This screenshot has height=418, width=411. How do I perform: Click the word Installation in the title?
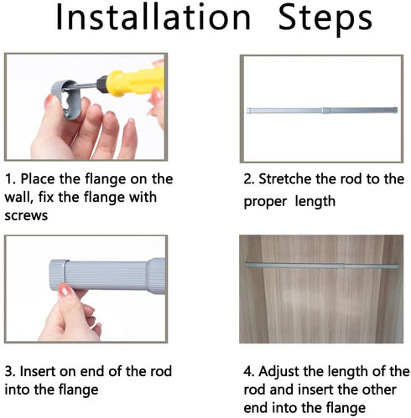153,18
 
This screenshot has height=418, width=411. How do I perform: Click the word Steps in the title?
325,19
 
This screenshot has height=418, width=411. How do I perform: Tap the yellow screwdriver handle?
135,80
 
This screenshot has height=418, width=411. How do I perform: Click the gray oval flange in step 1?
67,99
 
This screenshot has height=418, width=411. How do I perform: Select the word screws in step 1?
26,216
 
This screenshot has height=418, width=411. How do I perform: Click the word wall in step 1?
19,197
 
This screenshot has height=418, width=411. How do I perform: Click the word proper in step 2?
265,202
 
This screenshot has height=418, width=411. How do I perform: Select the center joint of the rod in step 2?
325,111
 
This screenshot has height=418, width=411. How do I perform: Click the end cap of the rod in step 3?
59,275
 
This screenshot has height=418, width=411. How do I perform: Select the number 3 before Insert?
9,372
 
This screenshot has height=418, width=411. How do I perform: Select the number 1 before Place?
8,179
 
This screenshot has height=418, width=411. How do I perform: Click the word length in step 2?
315,202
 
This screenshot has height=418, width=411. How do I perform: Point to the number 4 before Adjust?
247,372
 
